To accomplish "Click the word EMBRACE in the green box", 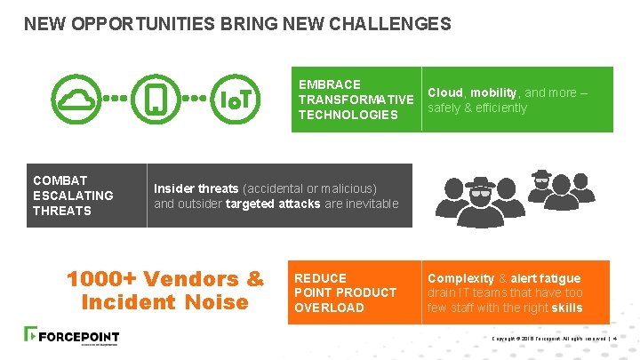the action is click(330, 84).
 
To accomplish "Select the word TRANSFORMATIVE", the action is click(356, 100).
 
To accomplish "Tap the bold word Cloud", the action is click(445, 92).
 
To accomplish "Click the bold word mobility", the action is click(493, 92).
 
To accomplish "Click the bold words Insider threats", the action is click(196, 188).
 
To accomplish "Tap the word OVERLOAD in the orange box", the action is click(329, 308).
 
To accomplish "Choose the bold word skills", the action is click(566, 308).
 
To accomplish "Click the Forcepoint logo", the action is click(71, 337).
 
